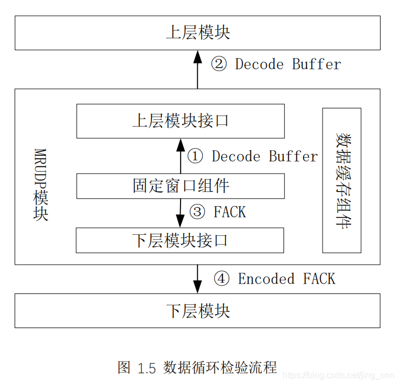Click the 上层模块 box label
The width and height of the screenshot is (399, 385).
[x=198, y=33]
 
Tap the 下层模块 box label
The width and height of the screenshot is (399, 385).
[x=198, y=311]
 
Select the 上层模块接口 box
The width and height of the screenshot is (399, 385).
[x=181, y=121]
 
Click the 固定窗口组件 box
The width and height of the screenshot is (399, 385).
[x=181, y=186]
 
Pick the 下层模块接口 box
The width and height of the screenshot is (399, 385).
[x=181, y=240]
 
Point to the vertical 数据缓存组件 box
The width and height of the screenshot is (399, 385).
[x=342, y=180]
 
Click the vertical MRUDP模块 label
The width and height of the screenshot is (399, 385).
[x=41, y=184]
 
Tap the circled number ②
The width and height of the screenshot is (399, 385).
[x=218, y=65]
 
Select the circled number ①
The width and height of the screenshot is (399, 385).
[x=195, y=157]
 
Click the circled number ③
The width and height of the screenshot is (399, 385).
[x=197, y=212]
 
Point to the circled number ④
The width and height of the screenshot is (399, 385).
[x=221, y=279]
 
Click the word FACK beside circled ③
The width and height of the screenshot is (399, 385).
[x=230, y=212]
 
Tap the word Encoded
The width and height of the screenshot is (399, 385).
[x=266, y=279]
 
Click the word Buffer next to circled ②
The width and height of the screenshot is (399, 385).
[x=317, y=65]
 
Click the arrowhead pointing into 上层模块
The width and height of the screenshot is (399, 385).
[x=198, y=55]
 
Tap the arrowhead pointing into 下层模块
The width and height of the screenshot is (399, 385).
[x=198, y=287]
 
